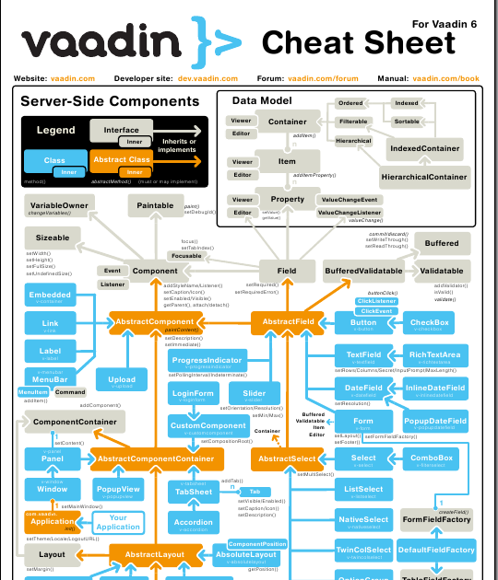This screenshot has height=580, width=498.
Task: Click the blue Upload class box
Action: pyautogui.click(x=122, y=380)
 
